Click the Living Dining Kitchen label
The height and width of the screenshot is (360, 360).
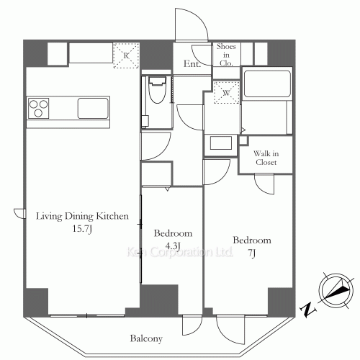point(82,216)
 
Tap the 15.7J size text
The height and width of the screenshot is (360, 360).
point(82,229)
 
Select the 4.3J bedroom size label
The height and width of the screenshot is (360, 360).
point(173,246)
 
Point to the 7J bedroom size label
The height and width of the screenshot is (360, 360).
point(252,253)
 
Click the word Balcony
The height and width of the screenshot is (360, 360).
point(146,338)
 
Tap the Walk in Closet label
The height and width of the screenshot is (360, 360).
point(266,158)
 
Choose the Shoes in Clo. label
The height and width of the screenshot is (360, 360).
point(226,55)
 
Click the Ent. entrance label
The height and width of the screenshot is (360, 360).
point(192,64)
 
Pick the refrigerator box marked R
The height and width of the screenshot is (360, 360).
point(126,55)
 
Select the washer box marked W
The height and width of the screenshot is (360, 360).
point(227,93)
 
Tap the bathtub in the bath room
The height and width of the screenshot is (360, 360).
point(267,84)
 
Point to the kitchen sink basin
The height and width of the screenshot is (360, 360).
point(93,108)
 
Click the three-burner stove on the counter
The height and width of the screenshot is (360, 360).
point(38,108)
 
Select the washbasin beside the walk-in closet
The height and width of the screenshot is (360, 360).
point(221,143)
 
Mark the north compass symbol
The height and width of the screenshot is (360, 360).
point(336,290)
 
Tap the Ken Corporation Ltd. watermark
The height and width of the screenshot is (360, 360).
point(180,252)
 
